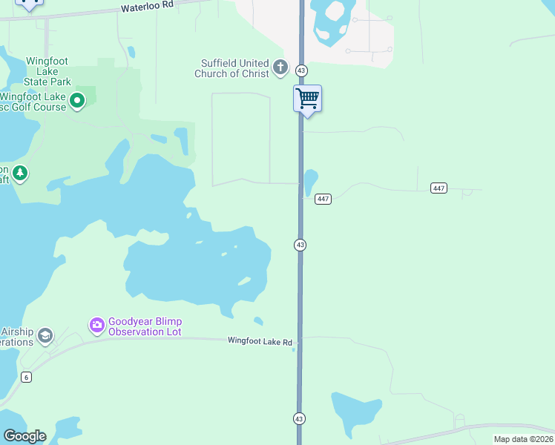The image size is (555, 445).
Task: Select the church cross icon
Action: pos(280,68)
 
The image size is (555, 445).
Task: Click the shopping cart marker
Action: pos(307,98)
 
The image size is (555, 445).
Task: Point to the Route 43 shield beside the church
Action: pos(301,70)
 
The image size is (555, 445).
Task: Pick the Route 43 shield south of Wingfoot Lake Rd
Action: pos(299,419)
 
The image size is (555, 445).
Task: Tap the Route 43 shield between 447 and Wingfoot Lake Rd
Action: pos(300,245)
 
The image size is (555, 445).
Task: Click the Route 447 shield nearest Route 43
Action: pos(323,199)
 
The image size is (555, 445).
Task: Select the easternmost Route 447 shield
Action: pos(439,188)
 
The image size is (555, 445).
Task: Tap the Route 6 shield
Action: pos(27,378)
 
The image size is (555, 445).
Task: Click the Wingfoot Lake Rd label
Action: pos(260,341)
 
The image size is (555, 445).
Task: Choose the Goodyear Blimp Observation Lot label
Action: pos(145,326)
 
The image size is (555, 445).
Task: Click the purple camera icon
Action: pos(96,325)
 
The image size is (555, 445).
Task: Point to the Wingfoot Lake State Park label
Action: pos(47,71)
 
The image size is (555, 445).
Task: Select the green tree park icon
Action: pos(20,174)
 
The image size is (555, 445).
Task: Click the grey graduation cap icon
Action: pos(45,336)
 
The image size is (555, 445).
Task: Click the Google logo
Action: pos(24,436)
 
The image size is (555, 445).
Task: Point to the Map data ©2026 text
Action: pos(522,439)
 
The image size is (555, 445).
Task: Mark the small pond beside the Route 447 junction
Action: pos(310,181)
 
